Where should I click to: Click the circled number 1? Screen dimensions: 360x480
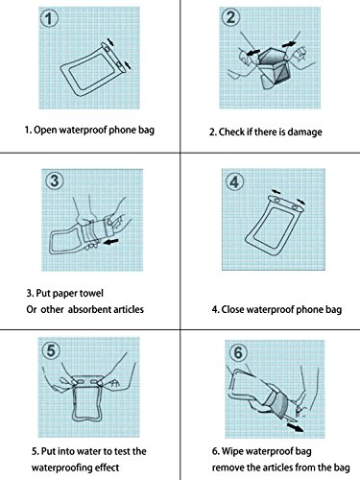49,18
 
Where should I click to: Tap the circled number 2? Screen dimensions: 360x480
230,17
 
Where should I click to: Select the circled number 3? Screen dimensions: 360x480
54,180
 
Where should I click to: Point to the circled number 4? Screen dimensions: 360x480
235,182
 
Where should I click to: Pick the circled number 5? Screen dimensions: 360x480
51,350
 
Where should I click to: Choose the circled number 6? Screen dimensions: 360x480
239,352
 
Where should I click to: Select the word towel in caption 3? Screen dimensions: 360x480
92,293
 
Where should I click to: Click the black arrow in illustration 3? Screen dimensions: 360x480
110,242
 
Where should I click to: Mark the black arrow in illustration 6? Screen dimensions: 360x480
295,427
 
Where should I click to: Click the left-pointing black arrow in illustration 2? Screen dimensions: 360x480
252,52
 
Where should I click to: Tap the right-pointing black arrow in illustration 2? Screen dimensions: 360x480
289,43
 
